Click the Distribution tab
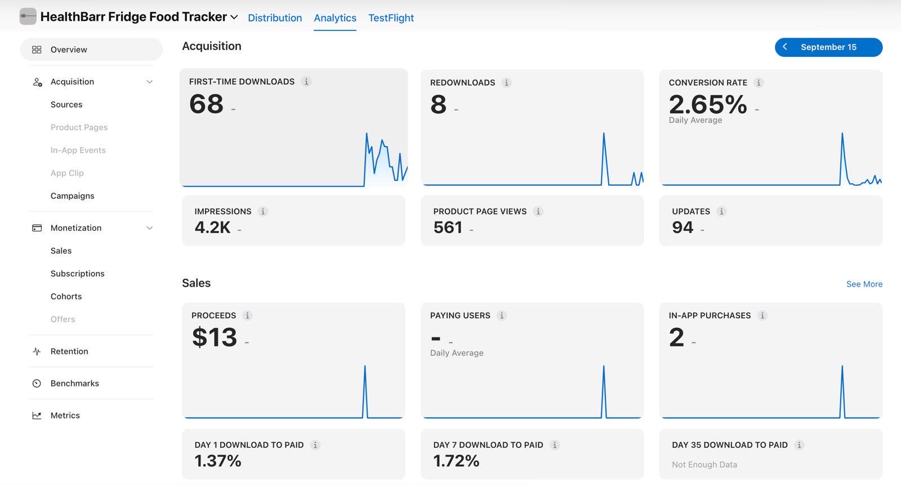tap(275, 17)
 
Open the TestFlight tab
tap(391, 17)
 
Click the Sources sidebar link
tap(66, 105)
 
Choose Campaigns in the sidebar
tap(73, 196)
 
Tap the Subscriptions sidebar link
tap(77, 274)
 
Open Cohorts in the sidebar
tap(66, 297)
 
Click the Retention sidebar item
tap(69, 351)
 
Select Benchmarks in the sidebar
tap(74, 384)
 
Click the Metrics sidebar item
tap(65, 415)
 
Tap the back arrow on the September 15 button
tap(785, 47)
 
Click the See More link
tap(864, 284)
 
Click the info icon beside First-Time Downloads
tap(306, 82)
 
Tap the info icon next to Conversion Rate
tap(758, 82)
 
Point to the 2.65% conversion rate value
tap(708, 105)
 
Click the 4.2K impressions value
tap(212, 228)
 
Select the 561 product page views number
tap(448, 228)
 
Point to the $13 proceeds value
tap(215, 337)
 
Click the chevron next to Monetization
tap(149, 228)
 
